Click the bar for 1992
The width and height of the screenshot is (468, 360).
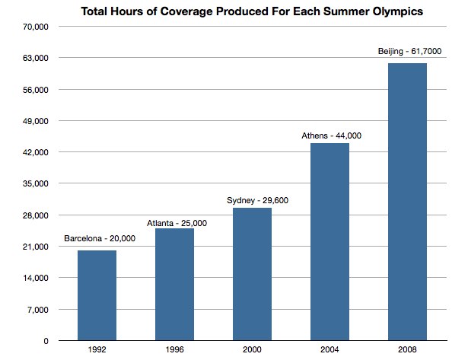point(97,295)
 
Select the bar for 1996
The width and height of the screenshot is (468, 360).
point(174,284)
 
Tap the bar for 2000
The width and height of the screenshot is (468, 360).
point(252,274)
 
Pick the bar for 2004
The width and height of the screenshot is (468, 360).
point(330,241)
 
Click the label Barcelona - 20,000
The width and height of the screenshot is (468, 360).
point(100,239)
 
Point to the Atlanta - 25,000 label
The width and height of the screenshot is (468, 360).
point(177,223)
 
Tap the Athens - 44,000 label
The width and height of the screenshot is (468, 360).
point(331,135)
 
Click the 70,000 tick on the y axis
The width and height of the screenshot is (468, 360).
point(37,27)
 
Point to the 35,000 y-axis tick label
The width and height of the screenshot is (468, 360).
point(37,183)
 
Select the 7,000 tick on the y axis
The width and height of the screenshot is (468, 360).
point(39,309)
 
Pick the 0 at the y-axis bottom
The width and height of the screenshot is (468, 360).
point(46,340)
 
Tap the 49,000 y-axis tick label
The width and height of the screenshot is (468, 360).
point(37,121)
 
